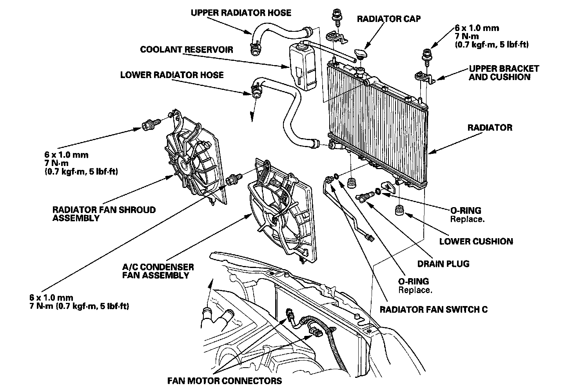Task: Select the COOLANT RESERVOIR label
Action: tap(187, 49)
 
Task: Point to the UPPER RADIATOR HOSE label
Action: tap(241, 13)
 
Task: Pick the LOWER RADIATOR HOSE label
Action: tap(172, 75)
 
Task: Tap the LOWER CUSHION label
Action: tap(476, 241)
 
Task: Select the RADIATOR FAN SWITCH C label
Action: tap(434, 309)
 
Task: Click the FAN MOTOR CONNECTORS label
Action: tap(224, 380)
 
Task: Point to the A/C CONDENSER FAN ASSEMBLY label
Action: tap(158, 271)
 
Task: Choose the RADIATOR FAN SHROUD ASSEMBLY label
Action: tap(104, 214)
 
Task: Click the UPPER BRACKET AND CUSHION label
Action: tap(503, 73)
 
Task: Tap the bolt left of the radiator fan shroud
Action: tap(150, 125)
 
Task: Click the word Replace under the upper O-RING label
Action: tap(467, 219)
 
